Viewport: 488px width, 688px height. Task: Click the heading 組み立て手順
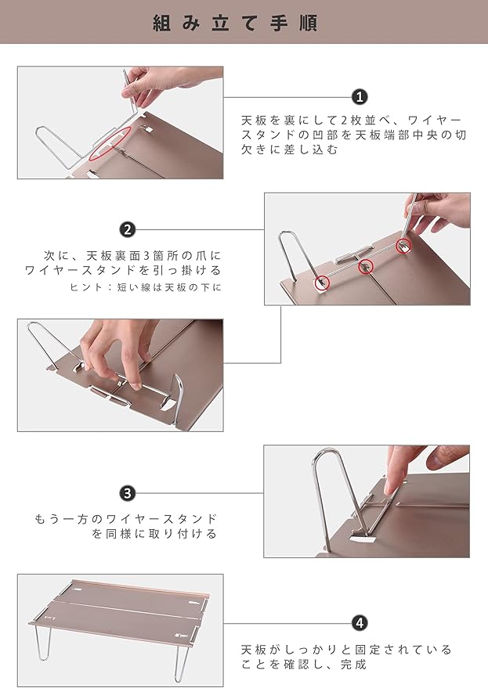click(x=235, y=23)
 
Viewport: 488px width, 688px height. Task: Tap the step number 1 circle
click(x=360, y=96)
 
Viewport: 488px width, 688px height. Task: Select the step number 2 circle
click(x=128, y=229)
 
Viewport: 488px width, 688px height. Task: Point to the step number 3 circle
click(x=128, y=493)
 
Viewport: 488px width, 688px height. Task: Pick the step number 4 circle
click(x=360, y=622)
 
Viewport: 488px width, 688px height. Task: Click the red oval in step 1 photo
click(x=110, y=143)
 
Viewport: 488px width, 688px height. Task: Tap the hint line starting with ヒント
click(x=146, y=287)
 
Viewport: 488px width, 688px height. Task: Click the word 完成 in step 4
click(x=354, y=665)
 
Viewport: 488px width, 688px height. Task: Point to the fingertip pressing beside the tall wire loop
click(x=390, y=488)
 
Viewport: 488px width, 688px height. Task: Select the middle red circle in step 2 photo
click(x=366, y=266)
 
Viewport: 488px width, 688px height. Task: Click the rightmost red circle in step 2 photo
click(x=403, y=246)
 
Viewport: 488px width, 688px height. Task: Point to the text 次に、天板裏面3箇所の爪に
click(x=132, y=255)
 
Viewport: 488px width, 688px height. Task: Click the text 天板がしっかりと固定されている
click(x=346, y=650)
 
